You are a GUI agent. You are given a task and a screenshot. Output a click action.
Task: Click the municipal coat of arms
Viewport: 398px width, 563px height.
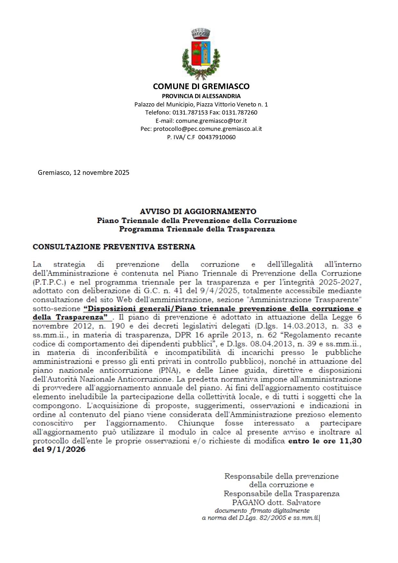click(201, 54)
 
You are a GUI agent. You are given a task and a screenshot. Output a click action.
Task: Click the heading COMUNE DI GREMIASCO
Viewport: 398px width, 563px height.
click(201, 86)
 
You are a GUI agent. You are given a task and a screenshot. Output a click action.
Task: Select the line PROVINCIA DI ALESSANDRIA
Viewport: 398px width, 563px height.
click(201, 96)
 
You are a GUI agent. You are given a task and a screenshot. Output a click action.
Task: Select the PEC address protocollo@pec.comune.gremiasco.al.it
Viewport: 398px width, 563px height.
click(207, 129)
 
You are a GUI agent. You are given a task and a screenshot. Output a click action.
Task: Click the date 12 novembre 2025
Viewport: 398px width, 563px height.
click(101, 173)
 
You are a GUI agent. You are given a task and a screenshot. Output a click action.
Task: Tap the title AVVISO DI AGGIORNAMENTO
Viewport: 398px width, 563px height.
click(198, 211)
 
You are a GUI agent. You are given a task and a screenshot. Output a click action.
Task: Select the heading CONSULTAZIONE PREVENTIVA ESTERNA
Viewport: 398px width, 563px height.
click(114, 247)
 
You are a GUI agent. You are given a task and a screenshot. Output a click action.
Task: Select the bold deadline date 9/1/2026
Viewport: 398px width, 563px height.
click(66, 449)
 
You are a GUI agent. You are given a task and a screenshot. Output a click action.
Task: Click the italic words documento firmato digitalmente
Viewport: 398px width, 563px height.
click(262, 511)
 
